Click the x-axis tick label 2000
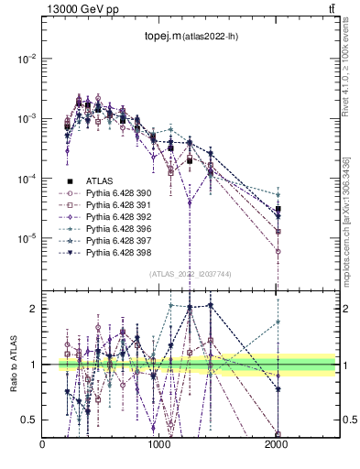click(277, 445)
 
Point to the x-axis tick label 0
click(43, 445)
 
